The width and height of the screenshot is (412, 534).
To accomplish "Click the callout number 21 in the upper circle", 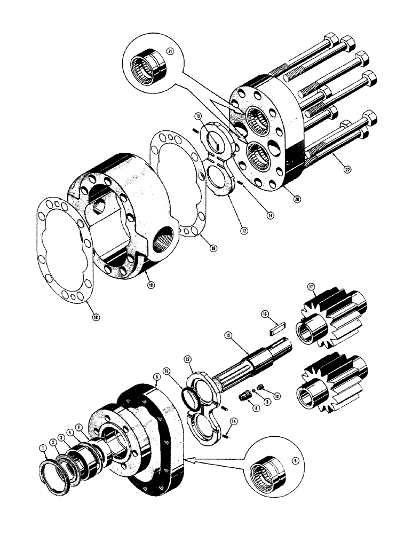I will [x=170, y=51].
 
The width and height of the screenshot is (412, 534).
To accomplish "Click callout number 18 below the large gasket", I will [x=97, y=317].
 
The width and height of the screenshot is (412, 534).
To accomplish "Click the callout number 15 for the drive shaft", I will [x=228, y=335].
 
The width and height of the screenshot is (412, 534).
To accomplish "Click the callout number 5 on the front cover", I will [x=156, y=376].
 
